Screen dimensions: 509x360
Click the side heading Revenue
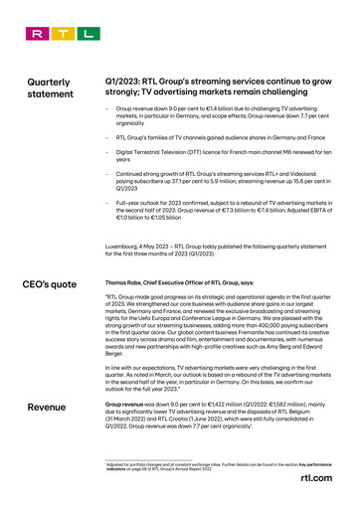[48, 409]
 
